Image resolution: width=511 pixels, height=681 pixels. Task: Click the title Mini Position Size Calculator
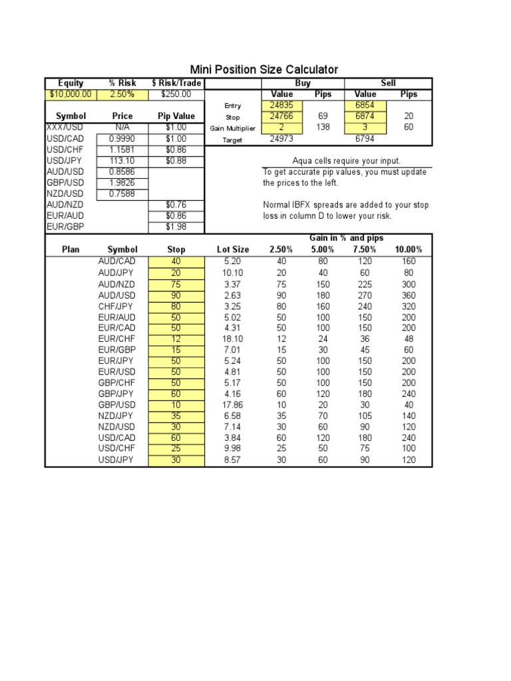pyautogui.click(x=264, y=70)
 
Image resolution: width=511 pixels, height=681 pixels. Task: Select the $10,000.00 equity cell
pyautogui.click(x=71, y=94)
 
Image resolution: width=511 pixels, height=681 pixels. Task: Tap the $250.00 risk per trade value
pyautogui.click(x=176, y=94)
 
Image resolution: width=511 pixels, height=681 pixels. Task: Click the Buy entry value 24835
pyautogui.click(x=282, y=105)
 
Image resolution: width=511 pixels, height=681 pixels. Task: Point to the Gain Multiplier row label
pyautogui.click(x=232, y=128)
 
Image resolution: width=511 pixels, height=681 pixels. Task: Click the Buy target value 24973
pyautogui.click(x=282, y=139)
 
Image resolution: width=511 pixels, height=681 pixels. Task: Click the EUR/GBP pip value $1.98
pyautogui.click(x=176, y=227)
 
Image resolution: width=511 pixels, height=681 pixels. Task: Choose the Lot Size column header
pyautogui.click(x=233, y=249)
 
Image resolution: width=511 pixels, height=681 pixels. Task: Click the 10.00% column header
pyautogui.click(x=409, y=249)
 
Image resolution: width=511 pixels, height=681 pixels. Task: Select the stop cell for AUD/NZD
pyautogui.click(x=176, y=284)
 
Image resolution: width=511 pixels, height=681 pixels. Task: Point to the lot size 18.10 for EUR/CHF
pyautogui.click(x=233, y=339)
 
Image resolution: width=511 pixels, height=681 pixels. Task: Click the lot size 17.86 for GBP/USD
pyautogui.click(x=233, y=405)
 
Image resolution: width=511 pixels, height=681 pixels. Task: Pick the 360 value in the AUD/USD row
pyautogui.click(x=409, y=295)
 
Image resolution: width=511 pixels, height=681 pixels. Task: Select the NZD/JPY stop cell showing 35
pyautogui.click(x=176, y=416)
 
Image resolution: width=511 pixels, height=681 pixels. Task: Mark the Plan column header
pyautogui.click(x=71, y=249)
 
